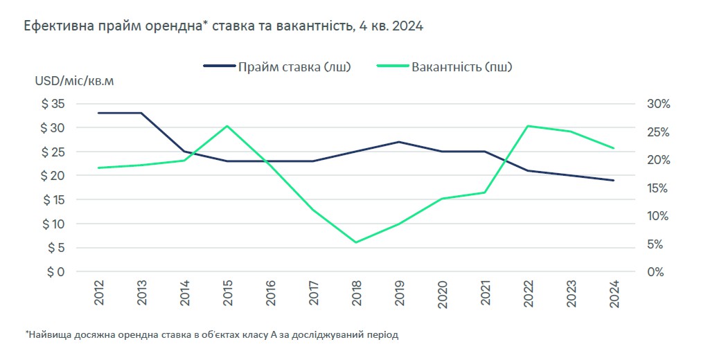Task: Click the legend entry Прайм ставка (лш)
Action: coord(277,67)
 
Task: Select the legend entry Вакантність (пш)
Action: coord(446,67)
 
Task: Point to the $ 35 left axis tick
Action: coord(53,104)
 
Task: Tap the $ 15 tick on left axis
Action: coord(53,200)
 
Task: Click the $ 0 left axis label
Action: coord(55,272)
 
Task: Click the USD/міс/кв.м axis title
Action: coord(75,82)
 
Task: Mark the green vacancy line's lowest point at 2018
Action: coord(356,242)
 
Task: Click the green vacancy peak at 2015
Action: coord(227,126)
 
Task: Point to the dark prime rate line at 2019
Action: coord(399,142)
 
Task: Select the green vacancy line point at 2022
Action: coord(528,126)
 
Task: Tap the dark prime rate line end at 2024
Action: coord(614,180)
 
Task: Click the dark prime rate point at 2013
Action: coord(141,113)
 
